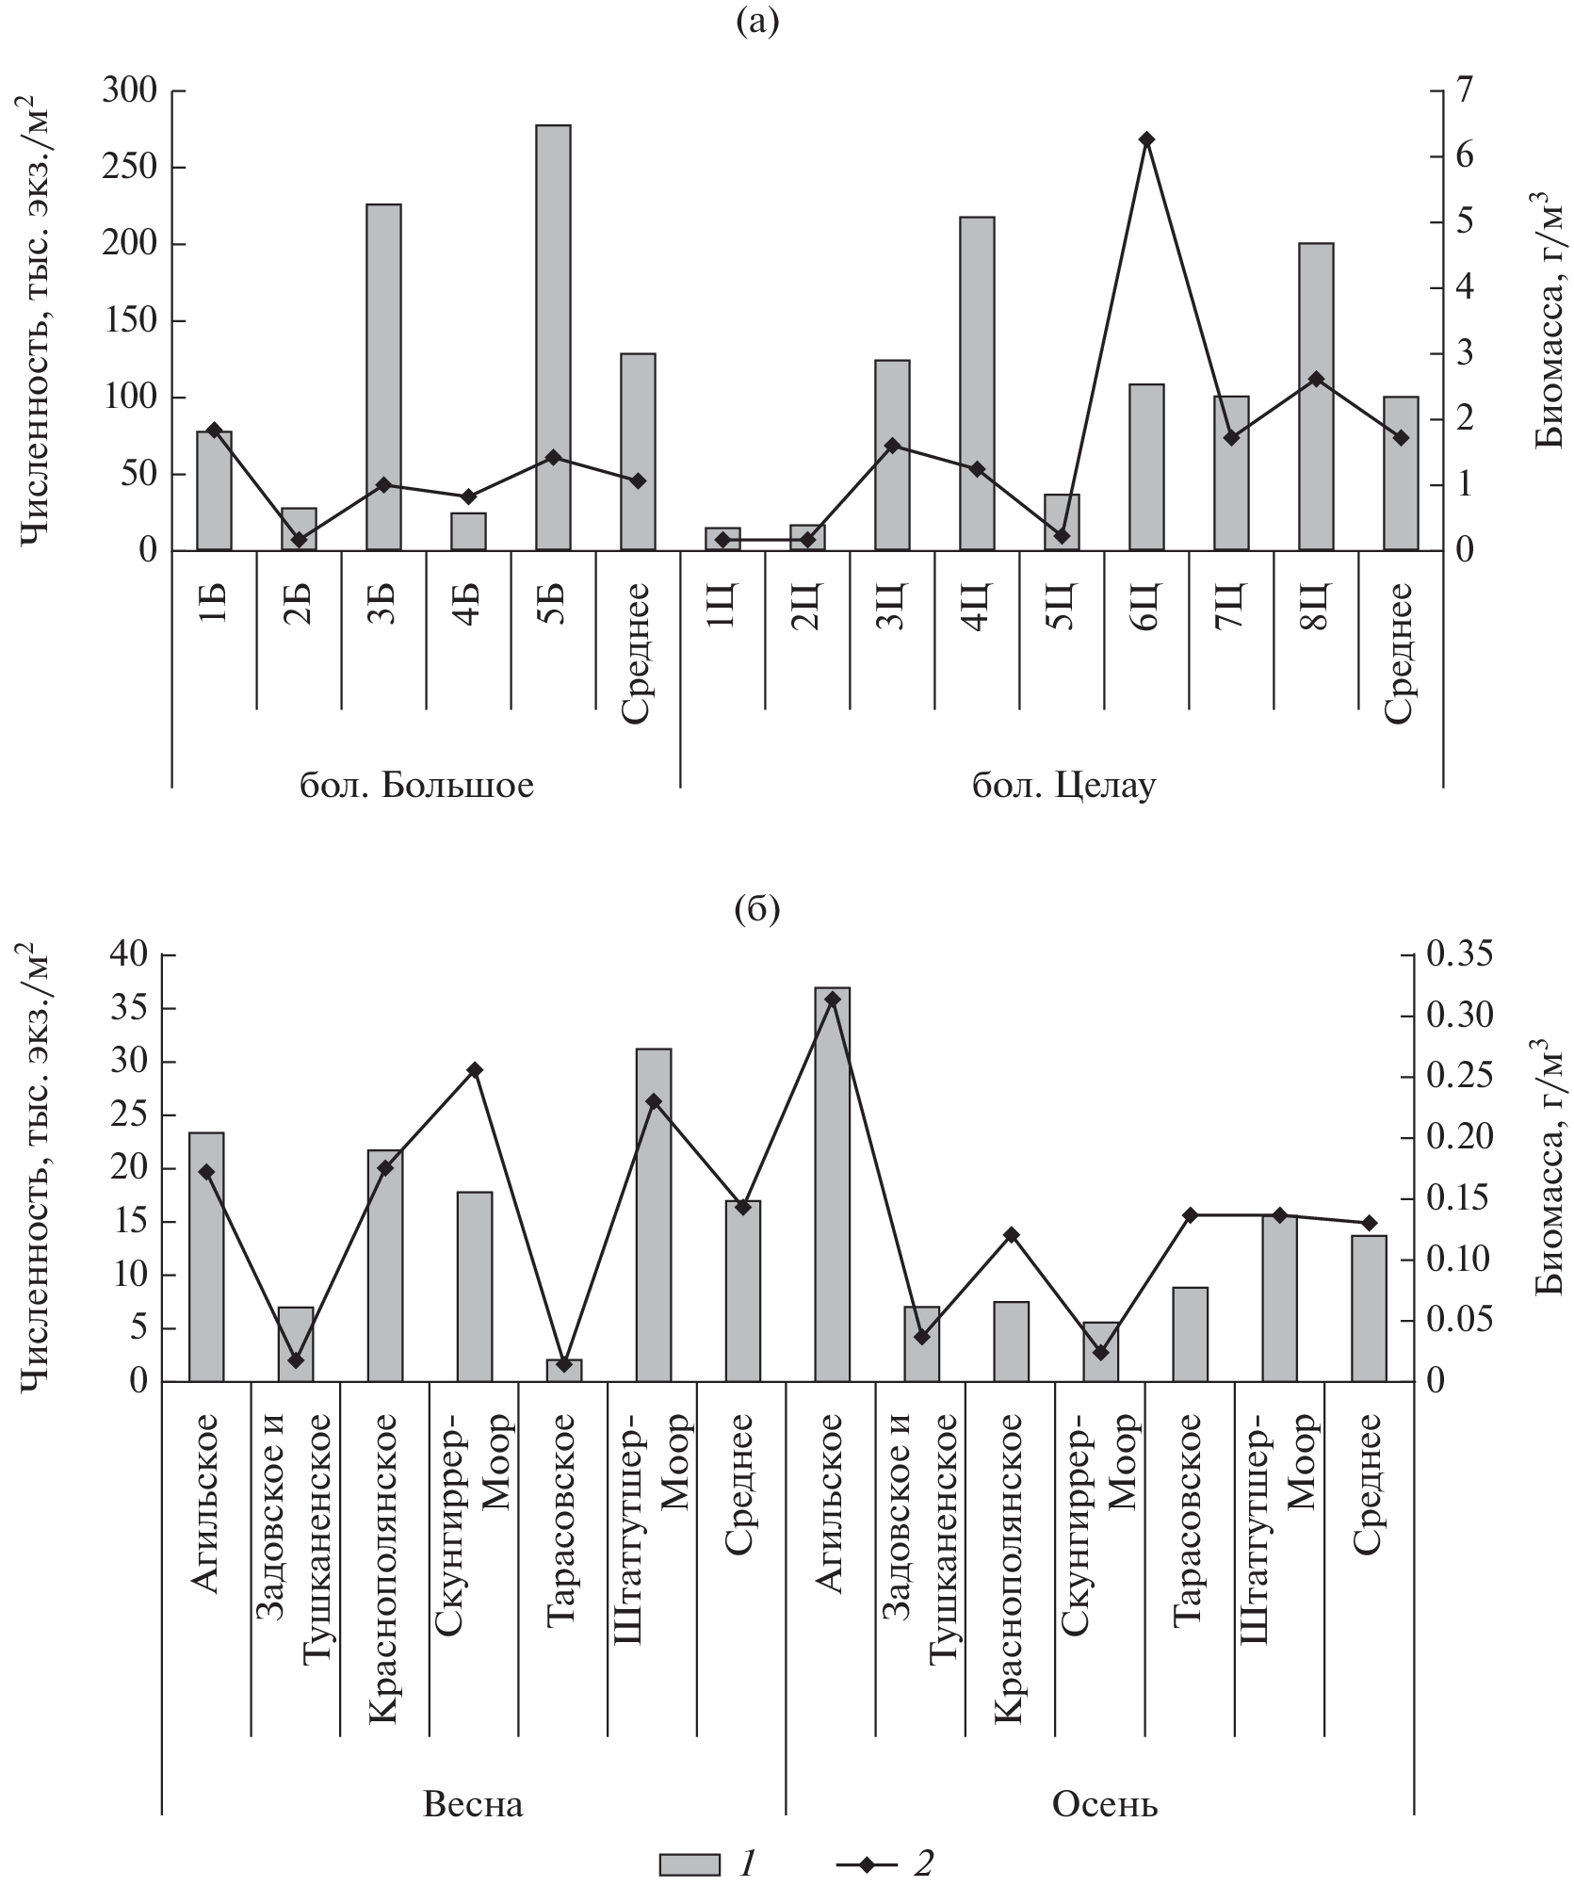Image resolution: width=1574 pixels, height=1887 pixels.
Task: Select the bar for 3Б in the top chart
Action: coord(383,377)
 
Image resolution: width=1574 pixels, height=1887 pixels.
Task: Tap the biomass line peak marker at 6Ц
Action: coord(1146,139)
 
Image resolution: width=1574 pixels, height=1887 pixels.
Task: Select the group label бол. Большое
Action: coord(416,785)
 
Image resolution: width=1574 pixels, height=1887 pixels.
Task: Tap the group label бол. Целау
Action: coord(1063,785)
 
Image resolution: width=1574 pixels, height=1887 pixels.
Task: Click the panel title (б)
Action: coord(757,911)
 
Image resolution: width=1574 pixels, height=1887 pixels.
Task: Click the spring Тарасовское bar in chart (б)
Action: coord(564,1370)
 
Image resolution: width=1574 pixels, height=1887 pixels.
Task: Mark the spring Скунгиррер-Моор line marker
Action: coord(475,1070)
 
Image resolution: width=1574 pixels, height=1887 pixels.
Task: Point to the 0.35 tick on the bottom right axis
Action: coord(1461,955)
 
